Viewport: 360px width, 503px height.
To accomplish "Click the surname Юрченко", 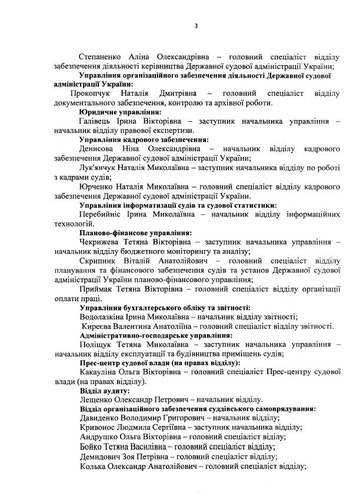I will [98, 186].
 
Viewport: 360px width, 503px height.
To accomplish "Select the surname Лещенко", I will [97, 400].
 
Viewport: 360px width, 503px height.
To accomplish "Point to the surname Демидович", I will [101, 456].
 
